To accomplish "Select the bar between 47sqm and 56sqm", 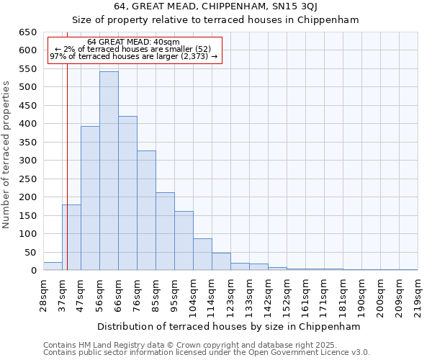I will [90, 198].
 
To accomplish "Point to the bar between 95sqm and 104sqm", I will [184, 240].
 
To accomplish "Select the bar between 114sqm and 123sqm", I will [221, 261].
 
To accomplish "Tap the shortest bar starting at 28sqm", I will [53, 266].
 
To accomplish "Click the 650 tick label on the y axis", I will [27, 32].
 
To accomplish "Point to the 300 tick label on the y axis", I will [27, 161].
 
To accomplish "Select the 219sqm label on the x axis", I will [418, 294].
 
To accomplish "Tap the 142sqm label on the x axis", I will [268, 294].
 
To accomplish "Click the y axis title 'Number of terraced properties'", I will [6, 155].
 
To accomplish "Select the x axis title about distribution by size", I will [230, 326].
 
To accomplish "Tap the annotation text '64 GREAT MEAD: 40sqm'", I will [133, 42].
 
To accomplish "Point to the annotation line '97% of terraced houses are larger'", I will [133, 57].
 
